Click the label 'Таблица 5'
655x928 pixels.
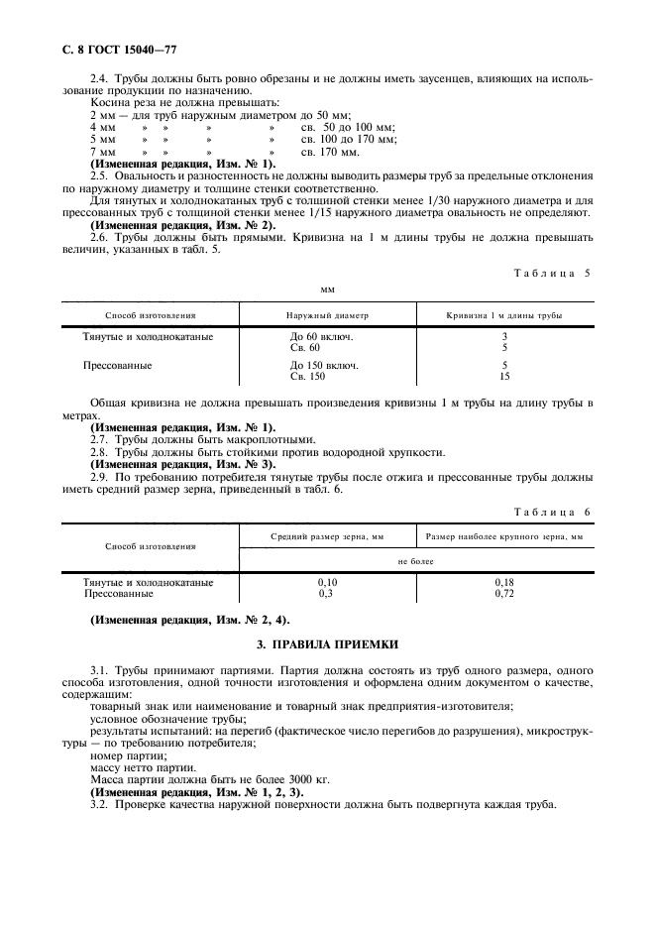pyautogui.click(x=551, y=272)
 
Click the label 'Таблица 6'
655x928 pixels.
pyautogui.click(x=551, y=512)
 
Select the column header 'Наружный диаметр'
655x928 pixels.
pyautogui.click(x=327, y=315)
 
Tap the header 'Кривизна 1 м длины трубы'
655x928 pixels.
pyautogui.click(x=504, y=315)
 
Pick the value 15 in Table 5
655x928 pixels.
pyautogui.click(x=504, y=377)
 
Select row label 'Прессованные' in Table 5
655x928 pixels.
pyautogui.click(x=117, y=366)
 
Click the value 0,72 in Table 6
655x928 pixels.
pyautogui.click(x=504, y=594)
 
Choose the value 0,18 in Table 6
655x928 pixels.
pyautogui.click(x=504, y=583)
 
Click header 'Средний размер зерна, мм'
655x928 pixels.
pyautogui.click(x=327, y=536)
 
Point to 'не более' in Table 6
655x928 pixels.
pyautogui.click(x=416, y=560)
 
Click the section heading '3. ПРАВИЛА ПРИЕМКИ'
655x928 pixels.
pyautogui.click(x=327, y=643)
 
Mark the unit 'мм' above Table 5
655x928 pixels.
pyautogui.click(x=327, y=290)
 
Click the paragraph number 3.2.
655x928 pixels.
pyautogui.click(x=100, y=804)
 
